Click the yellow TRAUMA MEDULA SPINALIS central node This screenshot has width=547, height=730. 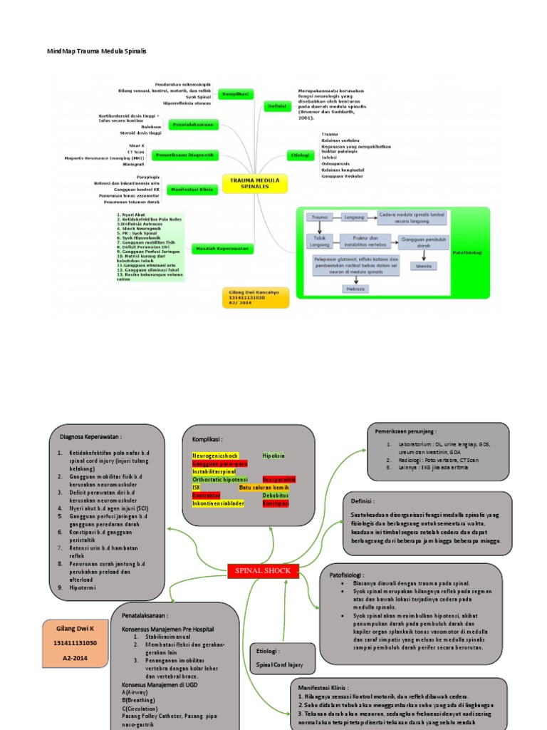point(256,184)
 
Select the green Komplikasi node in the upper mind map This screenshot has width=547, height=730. point(234,94)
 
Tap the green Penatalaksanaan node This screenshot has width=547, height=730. point(193,125)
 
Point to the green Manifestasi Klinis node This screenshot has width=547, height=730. point(192,190)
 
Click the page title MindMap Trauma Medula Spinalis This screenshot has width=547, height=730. point(96,51)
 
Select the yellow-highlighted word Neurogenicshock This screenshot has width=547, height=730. point(216,455)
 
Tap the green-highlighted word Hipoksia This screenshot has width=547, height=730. point(273,455)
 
